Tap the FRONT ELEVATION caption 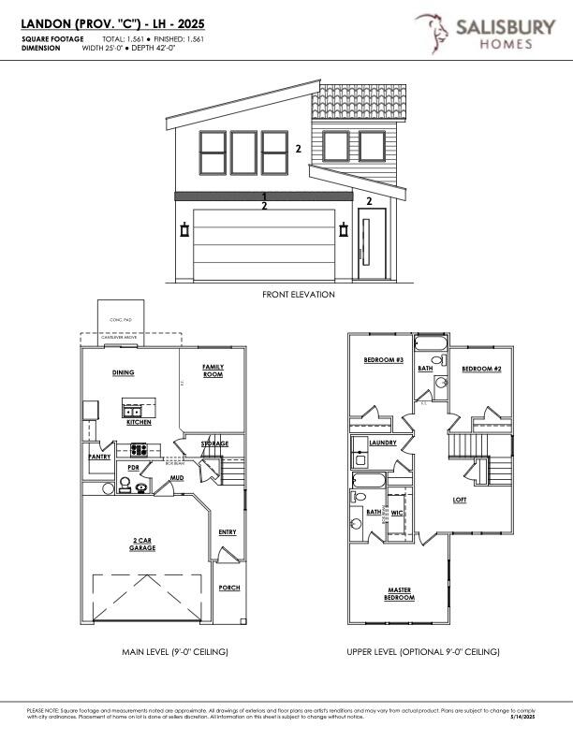tap(298, 294)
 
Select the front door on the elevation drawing tap(372, 247)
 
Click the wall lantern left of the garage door tap(184, 230)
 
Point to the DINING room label tap(124, 372)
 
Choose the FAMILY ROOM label tap(213, 370)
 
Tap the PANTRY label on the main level tap(99, 457)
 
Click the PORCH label tap(229, 588)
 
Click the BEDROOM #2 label tap(481, 369)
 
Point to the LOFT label tap(460, 500)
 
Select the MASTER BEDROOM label tap(401, 593)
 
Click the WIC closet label tap(397, 512)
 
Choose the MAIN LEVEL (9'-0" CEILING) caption tap(176, 651)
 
